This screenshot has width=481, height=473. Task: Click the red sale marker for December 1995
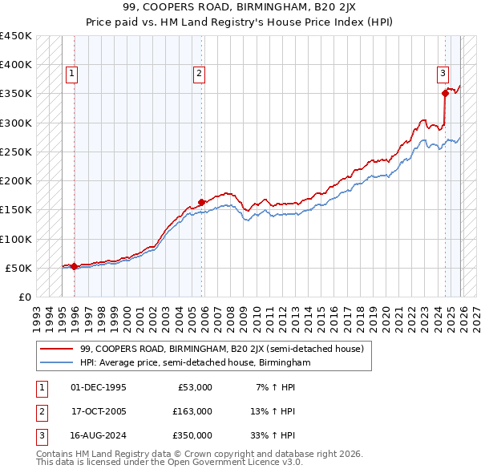coord(74,266)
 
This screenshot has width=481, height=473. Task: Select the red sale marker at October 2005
coord(201,202)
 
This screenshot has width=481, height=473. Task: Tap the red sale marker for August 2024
coord(445,94)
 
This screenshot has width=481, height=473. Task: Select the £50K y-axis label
coord(19,268)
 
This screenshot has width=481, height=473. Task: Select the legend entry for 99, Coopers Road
coord(221,349)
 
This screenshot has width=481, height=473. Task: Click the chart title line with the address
coord(240,8)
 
